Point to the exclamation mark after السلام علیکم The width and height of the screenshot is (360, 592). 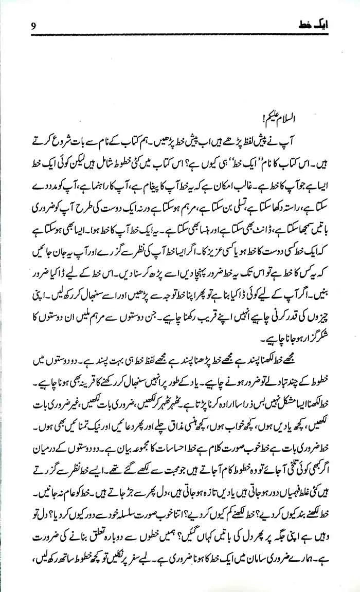(x=281, y=121)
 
